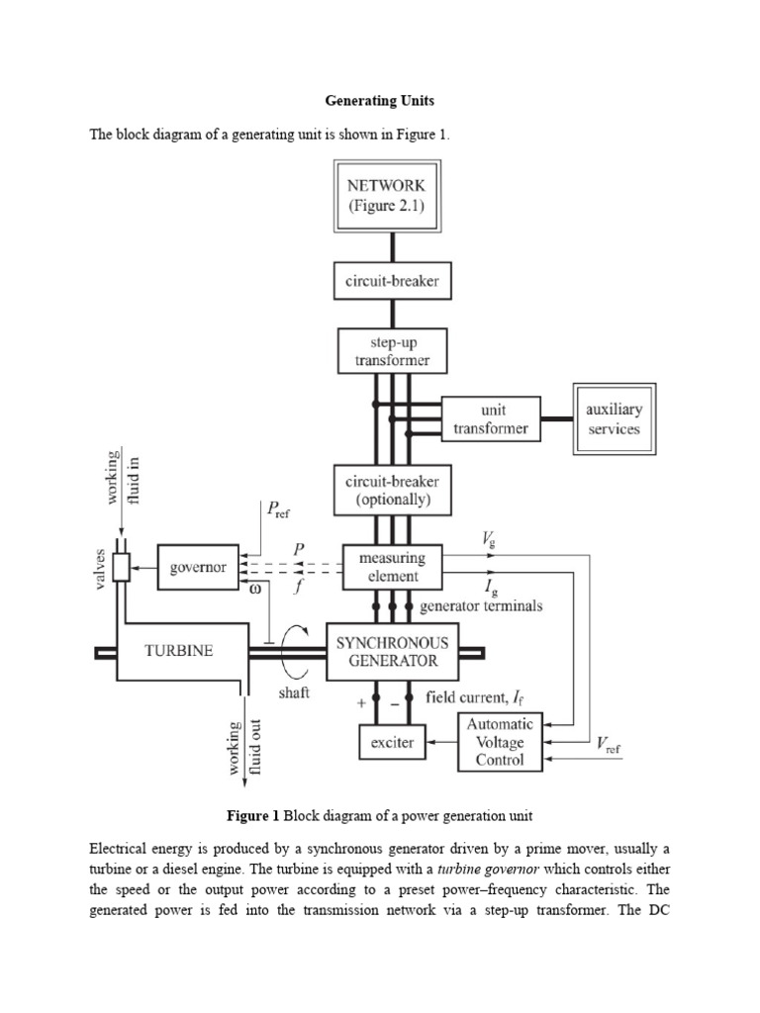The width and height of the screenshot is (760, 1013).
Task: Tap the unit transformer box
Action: (x=491, y=419)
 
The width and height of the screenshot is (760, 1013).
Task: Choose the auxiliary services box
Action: (x=613, y=419)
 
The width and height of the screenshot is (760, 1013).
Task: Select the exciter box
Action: (x=393, y=740)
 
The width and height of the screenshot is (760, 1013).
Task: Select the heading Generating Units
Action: (x=379, y=101)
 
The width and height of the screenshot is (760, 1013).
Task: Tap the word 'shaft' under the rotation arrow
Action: (x=294, y=693)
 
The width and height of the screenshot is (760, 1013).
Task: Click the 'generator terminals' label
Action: (x=481, y=606)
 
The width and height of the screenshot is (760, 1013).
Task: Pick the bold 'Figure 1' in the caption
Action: (x=253, y=816)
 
